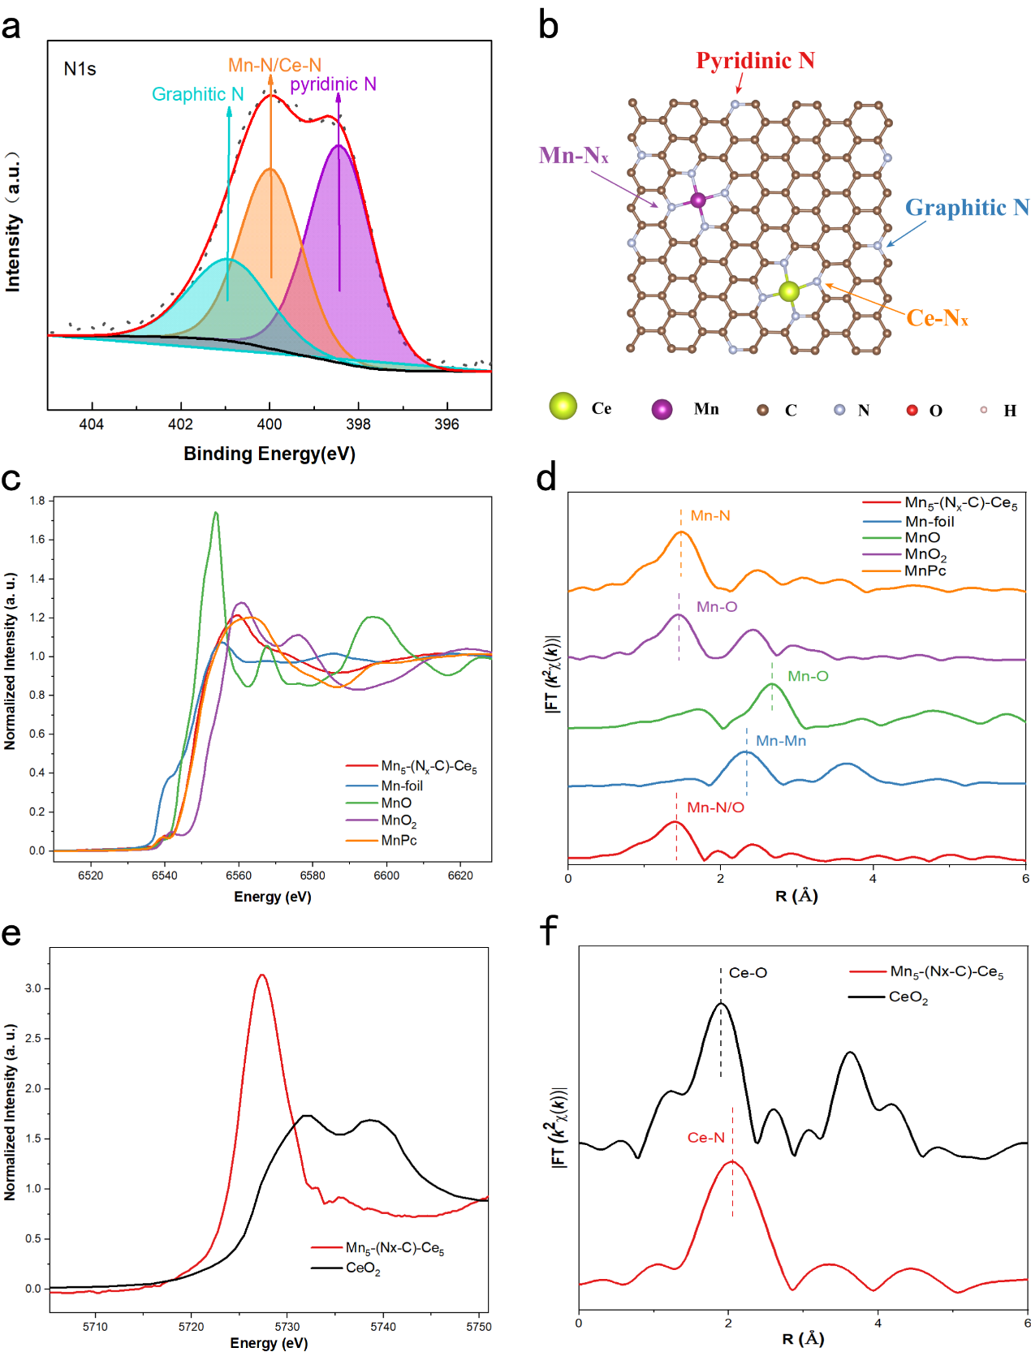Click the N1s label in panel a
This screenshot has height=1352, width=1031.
(x=80, y=69)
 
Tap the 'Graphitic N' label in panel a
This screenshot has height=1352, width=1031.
(x=197, y=94)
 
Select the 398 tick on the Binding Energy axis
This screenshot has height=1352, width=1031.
(x=358, y=424)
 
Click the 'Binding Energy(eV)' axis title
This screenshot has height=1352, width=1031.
(x=270, y=454)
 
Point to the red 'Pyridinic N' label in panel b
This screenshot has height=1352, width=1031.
(x=755, y=61)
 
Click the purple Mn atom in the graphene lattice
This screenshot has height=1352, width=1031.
(x=698, y=200)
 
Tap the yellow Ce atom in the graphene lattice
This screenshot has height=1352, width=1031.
(x=788, y=291)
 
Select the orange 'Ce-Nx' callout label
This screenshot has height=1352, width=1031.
(x=937, y=318)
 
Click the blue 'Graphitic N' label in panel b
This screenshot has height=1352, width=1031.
(x=967, y=208)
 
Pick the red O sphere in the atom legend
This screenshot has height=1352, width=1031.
(x=912, y=410)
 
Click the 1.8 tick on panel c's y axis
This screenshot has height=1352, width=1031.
(x=37, y=501)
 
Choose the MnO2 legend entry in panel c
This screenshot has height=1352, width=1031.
(x=399, y=821)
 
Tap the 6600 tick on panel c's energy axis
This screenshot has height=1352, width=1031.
(x=386, y=876)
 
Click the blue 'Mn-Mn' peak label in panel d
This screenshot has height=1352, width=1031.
(x=781, y=741)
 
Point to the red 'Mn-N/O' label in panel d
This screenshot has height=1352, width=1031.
(x=715, y=807)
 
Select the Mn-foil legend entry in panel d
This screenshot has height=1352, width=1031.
(x=930, y=522)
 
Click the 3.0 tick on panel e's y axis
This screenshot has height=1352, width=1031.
(x=33, y=988)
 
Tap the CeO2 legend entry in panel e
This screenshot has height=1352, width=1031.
(x=363, y=1268)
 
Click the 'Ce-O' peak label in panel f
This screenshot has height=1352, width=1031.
(x=748, y=972)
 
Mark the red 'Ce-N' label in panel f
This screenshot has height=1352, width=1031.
(x=705, y=1138)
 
